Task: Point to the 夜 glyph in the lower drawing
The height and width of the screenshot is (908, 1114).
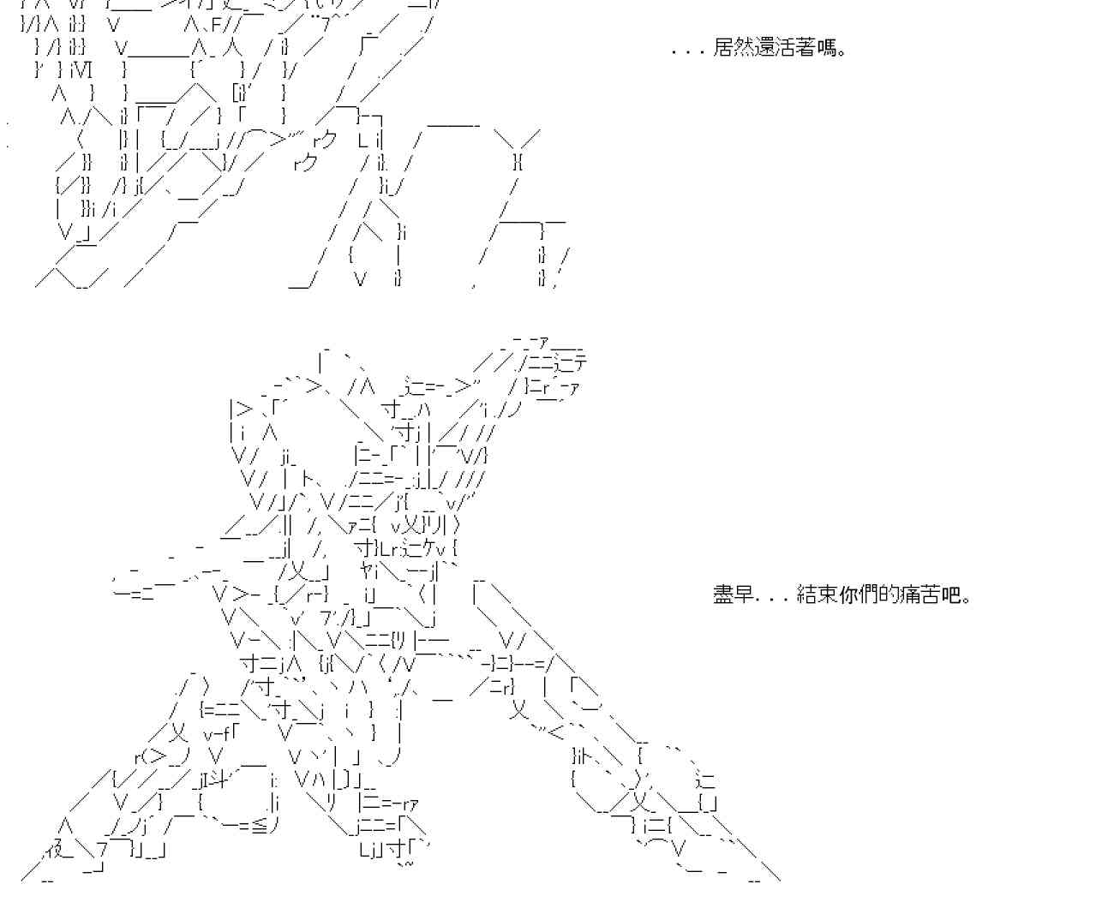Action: (x=54, y=850)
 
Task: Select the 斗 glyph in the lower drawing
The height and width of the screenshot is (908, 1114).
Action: (x=218, y=780)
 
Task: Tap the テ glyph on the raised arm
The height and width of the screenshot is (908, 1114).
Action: (x=580, y=363)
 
